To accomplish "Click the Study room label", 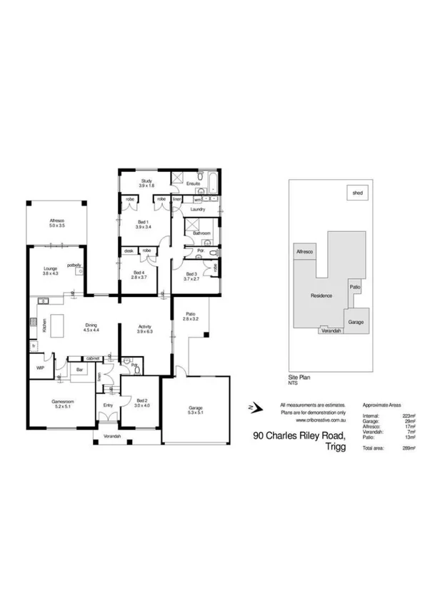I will pyautogui.click(x=147, y=181).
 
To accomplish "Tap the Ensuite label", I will pyautogui.click(x=193, y=184).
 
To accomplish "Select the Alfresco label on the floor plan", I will pyautogui.click(x=57, y=221).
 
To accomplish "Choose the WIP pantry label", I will pyautogui.click(x=40, y=367).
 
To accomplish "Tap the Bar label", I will pyautogui.click(x=81, y=370).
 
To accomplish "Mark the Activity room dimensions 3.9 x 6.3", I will pyautogui.click(x=145, y=333).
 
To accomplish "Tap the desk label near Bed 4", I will pyautogui.click(x=129, y=251).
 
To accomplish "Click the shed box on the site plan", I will pyautogui.click(x=355, y=192).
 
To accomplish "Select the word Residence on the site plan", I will pyautogui.click(x=321, y=295).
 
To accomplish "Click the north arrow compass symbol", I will pyautogui.click(x=252, y=408).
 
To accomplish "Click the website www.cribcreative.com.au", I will pyautogui.click(x=311, y=420).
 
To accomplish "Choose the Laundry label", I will pyautogui.click(x=198, y=210).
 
